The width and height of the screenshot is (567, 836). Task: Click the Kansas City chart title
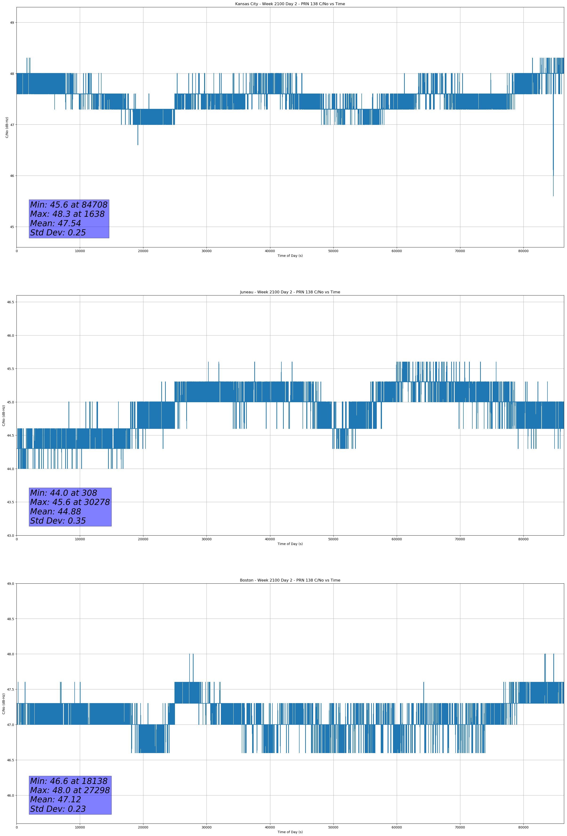290,4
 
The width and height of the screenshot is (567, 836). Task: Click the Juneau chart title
290,292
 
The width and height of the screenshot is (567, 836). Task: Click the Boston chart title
290,580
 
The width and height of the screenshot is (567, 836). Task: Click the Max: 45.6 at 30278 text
70,502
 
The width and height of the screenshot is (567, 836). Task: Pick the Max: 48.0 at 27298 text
70,790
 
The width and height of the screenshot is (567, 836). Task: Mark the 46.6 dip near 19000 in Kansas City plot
138,143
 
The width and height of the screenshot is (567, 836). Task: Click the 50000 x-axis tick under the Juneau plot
333,539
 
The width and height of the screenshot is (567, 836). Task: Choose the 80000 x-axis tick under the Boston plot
523,827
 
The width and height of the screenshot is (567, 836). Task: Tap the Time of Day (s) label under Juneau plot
290,544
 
